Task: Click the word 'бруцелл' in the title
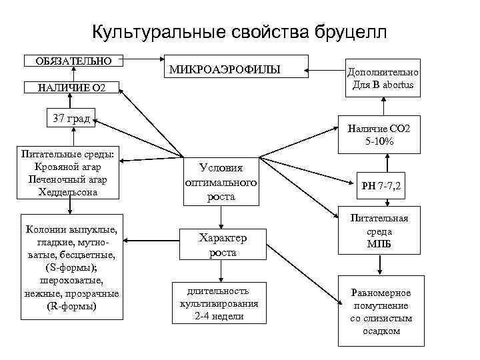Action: (x=341, y=32)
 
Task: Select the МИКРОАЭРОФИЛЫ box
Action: (x=237, y=68)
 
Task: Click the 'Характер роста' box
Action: (x=223, y=245)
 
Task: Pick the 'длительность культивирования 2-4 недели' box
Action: (x=219, y=303)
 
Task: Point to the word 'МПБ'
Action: (x=379, y=244)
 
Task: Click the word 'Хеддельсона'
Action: (x=68, y=192)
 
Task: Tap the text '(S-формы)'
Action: (x=69, y=267)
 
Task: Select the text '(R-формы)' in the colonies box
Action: (x=69, y=306)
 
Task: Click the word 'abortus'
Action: (x=395, y=85)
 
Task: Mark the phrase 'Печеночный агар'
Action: (x=68, y=180)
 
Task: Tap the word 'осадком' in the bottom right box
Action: (x=380, y=331)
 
